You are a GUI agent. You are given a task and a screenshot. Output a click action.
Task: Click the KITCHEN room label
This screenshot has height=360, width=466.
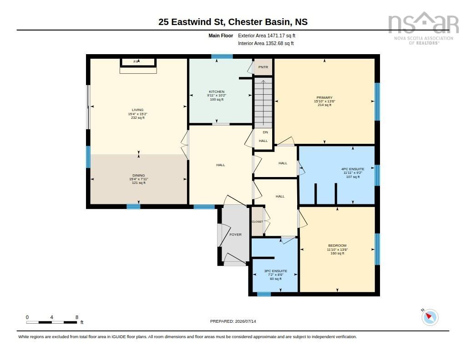click(x=217, y=91)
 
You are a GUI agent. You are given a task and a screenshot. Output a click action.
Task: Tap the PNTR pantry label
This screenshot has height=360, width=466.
click(x=263, y=67)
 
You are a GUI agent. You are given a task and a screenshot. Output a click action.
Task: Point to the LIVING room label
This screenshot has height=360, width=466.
click(x=137, y=110)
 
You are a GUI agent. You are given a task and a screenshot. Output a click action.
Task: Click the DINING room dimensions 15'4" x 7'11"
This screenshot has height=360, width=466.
click(x=138, y=179)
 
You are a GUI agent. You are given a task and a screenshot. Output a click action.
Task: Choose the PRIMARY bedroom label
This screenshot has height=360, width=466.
click(x=324, y=97)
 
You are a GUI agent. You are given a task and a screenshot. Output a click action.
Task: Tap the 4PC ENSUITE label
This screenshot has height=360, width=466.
click(x=353, y=169)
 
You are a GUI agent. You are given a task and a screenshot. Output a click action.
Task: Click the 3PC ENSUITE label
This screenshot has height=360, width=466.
click(x=276, y=271)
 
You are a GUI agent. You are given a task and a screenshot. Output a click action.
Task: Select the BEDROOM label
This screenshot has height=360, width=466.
click(x=337, y=246)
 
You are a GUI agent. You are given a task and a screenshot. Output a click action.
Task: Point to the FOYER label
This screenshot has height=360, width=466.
click(x=235, y=234)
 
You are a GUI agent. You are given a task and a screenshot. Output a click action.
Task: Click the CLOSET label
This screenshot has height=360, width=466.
click(x=258, y=222)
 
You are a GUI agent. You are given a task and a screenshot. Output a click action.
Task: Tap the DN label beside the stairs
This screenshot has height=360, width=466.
click(x=265, y=132)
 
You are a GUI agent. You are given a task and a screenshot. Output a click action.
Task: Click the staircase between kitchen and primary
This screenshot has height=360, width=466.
click(x=263, y=103)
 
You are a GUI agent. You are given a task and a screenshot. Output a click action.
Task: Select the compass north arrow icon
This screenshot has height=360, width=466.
click(x=430, y=317)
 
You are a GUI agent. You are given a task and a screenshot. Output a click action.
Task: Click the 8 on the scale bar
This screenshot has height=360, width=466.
click(x=76, y=317)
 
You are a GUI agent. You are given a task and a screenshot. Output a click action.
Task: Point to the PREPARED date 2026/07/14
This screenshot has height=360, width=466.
click(x=233, y=321)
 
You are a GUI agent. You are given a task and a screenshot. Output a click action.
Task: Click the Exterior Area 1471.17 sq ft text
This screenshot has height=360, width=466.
click(x=267, y=35)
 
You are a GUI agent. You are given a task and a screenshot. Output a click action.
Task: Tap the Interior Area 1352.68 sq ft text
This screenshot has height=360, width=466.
click(x=266, y=43)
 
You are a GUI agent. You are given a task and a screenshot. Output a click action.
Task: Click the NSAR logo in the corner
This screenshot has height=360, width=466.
click(x=424, y=28)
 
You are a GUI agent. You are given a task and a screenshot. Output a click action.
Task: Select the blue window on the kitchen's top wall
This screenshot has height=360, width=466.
click(x=222, y=56)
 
